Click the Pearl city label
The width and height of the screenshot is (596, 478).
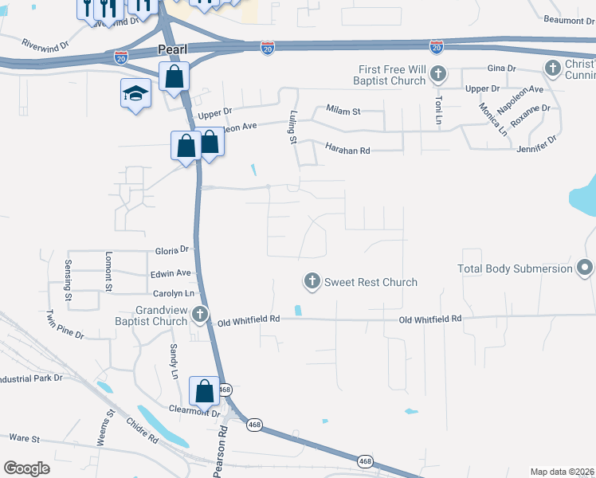point(171,49)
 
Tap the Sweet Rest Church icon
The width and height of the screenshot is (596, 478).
point(312,281)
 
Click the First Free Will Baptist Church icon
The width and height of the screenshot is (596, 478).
point(437,75)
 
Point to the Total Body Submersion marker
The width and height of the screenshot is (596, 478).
point(585,268)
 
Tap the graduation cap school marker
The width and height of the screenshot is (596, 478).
point(135,93)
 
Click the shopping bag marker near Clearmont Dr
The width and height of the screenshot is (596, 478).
point(204,390)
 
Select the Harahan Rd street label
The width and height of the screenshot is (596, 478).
point(347,149)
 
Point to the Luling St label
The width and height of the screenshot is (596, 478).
point(292,127)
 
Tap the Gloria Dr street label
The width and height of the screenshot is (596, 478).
point(172,249)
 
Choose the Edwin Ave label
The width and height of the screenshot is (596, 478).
point(171,272)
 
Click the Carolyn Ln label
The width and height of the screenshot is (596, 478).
point(174,293)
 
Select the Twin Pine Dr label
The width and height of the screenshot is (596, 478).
point(65,324)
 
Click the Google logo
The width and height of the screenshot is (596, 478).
point(27,468)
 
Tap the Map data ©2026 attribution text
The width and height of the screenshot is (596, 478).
point(562,472)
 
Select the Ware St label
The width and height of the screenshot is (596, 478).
point(24,437)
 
